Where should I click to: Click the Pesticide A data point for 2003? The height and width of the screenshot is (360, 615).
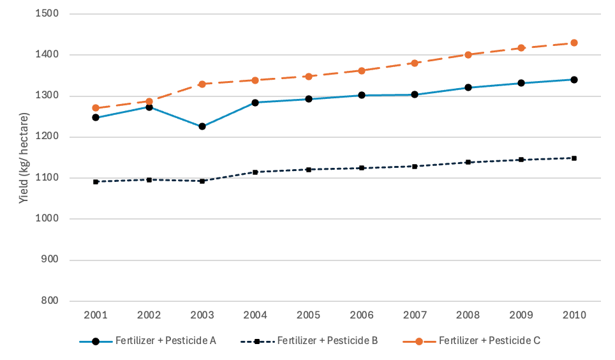(202, 126)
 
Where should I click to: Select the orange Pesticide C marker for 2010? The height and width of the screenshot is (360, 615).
(574, 43)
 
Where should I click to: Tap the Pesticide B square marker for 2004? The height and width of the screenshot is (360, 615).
(255, 172)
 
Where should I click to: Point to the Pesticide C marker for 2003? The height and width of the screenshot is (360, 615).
(202, 84)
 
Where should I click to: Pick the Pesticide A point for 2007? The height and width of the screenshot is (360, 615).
(414, 94)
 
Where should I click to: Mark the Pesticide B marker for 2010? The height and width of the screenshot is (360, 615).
(574, 158)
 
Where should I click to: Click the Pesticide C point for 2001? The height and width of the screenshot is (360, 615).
(96, 109)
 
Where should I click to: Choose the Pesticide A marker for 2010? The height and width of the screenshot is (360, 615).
(574, 80)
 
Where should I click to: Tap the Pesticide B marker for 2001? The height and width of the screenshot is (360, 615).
(96, 182)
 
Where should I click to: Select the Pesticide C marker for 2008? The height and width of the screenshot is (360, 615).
(468, 55)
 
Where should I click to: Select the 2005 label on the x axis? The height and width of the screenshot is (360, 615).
(308, 315)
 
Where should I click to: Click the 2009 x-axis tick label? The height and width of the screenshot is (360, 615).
(521, 315)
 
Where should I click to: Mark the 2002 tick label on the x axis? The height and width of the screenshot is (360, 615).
(149, 315)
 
